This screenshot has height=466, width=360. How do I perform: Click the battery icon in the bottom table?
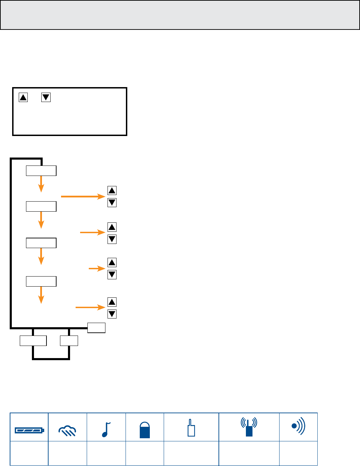point(29,431)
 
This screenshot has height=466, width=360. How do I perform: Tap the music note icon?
point(106,429)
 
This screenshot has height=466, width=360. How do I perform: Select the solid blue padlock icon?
point(145,430)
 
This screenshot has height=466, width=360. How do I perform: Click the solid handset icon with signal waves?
point(249,427)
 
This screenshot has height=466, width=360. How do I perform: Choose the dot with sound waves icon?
point(298,426)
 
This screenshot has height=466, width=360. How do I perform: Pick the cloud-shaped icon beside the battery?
point(67,431)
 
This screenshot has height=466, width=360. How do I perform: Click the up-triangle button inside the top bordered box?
point(23,98)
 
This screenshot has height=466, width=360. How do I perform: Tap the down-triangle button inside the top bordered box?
point(46,98)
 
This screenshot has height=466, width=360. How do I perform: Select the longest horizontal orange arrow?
point(83,197)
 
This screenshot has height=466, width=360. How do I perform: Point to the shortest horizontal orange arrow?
point(97,269)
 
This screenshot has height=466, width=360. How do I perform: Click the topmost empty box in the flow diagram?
point(41,171)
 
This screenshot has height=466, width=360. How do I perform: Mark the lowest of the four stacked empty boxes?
point(41,281)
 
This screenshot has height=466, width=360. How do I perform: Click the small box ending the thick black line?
point(96,328)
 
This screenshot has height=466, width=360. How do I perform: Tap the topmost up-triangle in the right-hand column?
point(112,190)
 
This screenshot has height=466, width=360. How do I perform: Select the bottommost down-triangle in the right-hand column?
point(112,314)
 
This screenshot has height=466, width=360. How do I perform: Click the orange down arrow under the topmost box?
point(41,184)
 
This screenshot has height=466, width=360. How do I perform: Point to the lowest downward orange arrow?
point(41,295)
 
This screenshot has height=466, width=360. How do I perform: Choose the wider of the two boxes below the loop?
point(33,341)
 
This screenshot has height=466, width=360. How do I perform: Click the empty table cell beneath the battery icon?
point(29,453)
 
